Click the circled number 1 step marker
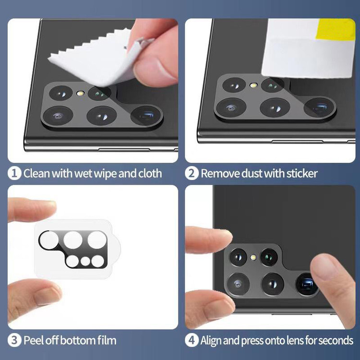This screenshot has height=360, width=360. pos(14,173)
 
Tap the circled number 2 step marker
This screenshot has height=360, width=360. pos(192,173)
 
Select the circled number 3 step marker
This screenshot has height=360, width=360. pos(14,340)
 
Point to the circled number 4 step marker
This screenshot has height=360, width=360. pos(192,340)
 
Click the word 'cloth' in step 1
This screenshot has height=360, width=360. pos(150,173)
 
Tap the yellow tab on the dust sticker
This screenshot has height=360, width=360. pos(336,29)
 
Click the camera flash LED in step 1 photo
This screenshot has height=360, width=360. pos(80,94)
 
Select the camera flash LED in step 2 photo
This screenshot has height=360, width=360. pos(253,85)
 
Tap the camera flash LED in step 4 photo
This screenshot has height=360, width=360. pos(253,257)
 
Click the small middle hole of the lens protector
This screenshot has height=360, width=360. pos(85,261)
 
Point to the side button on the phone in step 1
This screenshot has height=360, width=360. pos(124,150)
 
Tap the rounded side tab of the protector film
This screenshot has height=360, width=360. pos(116,249)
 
